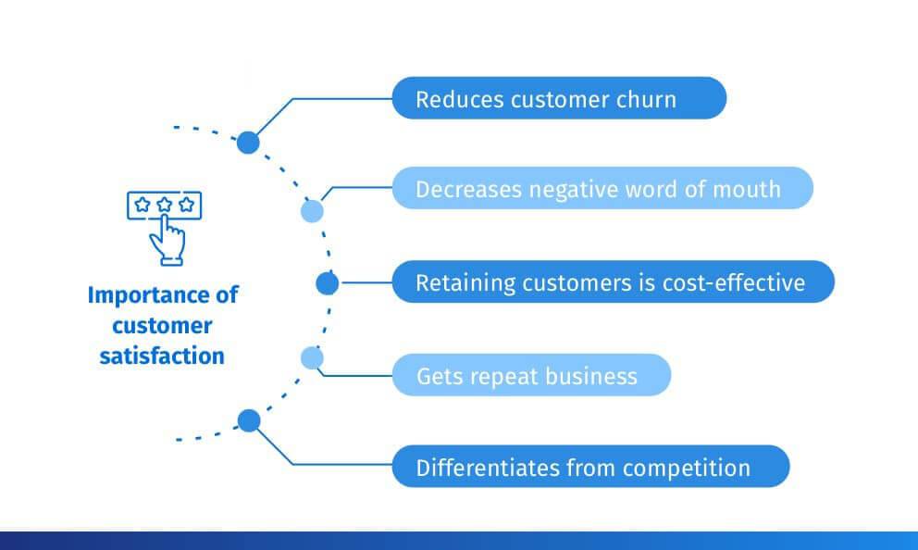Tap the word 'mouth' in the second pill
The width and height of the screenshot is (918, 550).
[x=747, y=189]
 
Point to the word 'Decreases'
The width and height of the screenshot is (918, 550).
[x=467, y=189]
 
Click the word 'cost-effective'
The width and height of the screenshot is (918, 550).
[x=734, y=283]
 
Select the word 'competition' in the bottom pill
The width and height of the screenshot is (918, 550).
[x=686, y=469]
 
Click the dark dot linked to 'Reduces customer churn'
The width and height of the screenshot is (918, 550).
[x=248, y=143]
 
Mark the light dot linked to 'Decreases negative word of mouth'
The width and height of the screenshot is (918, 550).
[x=312, y=211]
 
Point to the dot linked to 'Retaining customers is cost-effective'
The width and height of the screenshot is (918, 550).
[x=328, y=283]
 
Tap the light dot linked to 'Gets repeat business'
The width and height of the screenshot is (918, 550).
[x=312, y=358]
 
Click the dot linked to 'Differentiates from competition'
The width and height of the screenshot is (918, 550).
[x=249, y=420]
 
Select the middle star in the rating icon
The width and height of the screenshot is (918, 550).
[x=165, y=205]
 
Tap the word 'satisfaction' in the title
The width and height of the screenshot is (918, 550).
[x=162, y=356]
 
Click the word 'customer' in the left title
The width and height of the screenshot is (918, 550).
[x=162, y=326]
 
